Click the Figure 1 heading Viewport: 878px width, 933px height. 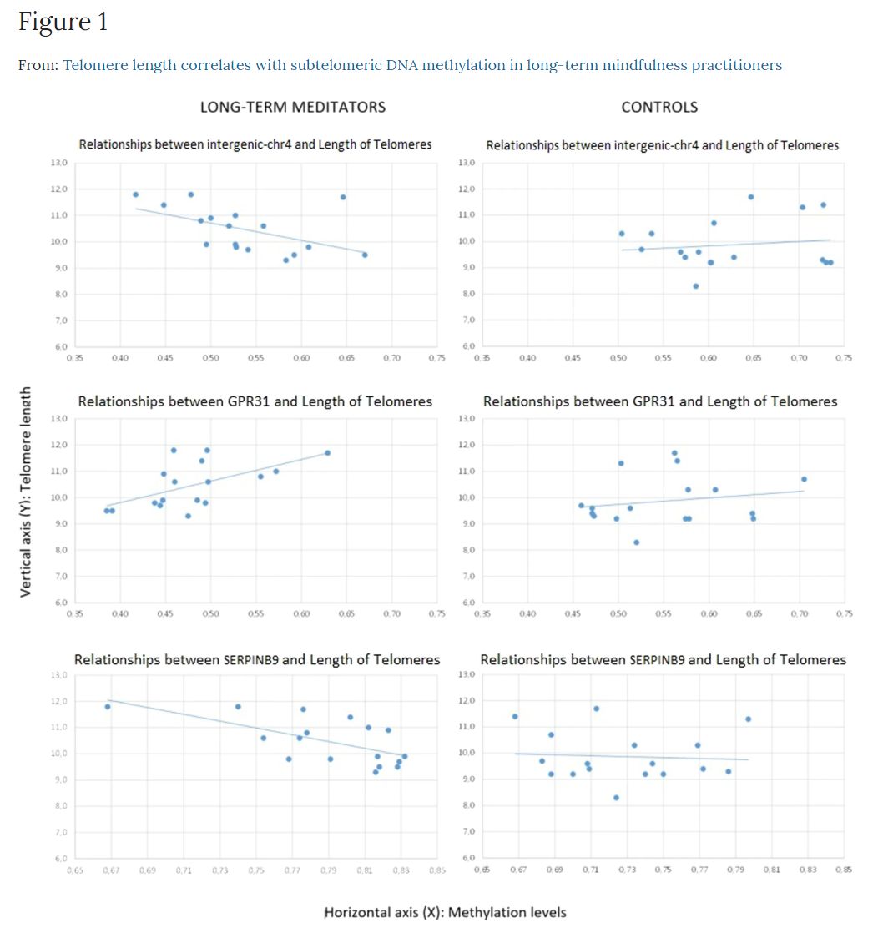tap(63, 23)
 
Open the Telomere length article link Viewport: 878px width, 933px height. tap(421, 65)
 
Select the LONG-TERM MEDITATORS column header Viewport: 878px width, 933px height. tap(292, 107)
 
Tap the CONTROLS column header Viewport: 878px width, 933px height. tap(659, 107)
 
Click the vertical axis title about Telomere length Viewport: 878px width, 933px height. tap(26, 491)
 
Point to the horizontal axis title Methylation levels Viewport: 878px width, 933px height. tap(445, 912)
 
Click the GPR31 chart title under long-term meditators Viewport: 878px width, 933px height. tap(255, 401)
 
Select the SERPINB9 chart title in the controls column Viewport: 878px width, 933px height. tap(663, 660)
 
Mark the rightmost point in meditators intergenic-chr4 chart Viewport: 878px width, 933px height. tap(365, 255)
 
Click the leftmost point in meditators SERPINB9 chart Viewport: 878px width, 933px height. tap(108, 707)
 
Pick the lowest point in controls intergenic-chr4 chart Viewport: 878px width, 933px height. tap(696, 286)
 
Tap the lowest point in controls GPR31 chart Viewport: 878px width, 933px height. tap(636, 542)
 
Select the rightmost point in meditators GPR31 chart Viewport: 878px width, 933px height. tap(327, 453)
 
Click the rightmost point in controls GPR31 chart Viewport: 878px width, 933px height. tap(804, 479)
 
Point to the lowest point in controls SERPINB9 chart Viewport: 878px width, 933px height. tap(616, 798)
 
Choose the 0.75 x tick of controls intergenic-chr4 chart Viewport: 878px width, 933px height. tap(844, 358)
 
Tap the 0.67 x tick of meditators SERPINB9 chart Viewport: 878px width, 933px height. tap(111, 870)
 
